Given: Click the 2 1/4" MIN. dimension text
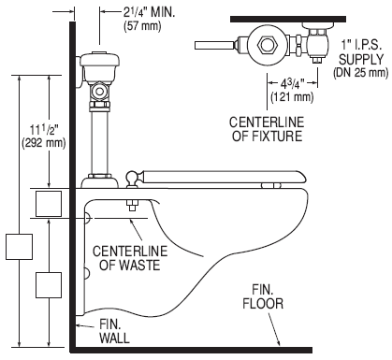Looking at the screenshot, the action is (x=150, y=12).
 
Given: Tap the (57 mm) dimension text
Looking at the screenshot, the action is (x=142, y=26).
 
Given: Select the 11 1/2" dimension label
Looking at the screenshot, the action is (x=44, y=130).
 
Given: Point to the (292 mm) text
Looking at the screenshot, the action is (x=44, y=143).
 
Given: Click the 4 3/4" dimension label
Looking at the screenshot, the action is (x=292, y=83).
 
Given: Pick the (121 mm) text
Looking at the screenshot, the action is (x=292, y=97).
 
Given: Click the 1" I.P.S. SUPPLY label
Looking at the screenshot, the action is (x=361, y=52).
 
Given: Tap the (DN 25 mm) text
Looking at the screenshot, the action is (x=361, y=73).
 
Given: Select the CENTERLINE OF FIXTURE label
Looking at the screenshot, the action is (x=267, y=129).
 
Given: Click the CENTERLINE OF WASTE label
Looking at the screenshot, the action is (x=130, y=258).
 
